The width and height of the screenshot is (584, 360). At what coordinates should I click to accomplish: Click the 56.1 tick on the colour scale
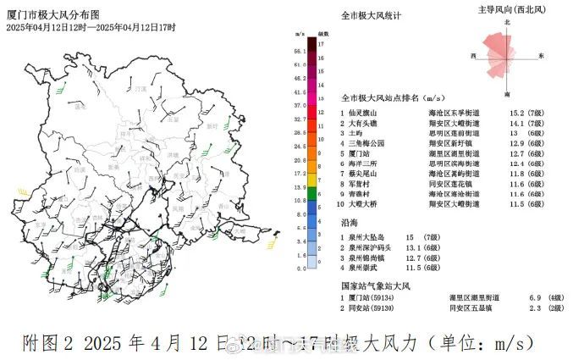[x=300, y=53]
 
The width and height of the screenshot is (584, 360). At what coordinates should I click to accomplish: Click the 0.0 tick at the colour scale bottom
[x=300, y=269]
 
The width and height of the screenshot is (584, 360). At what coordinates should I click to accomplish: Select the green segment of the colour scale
[x=312, y=195]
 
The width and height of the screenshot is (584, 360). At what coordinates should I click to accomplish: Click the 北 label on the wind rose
[x=507, y=21]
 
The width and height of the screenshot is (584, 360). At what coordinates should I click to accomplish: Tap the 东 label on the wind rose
[x=542, y=56]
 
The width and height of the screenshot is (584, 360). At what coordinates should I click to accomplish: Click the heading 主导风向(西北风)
[x=508, y=9]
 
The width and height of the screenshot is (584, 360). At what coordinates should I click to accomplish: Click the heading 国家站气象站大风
[x=374, y=286]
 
